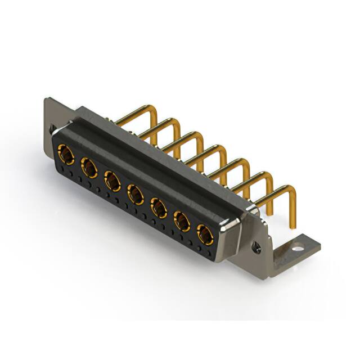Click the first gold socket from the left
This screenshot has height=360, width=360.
pyautogui.click(x=66, y=154)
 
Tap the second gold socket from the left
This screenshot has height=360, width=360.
pyautogui.click(x=89, y=167)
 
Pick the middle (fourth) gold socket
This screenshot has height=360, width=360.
pyautogui.click(x=136, y=195)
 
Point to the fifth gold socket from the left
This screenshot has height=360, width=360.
pyautogui.click(x=159, y=209)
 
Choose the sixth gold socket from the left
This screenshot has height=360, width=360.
pyautogui.click(x=182, y=222)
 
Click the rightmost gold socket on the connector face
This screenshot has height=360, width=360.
pyautogui.click(x=205, y=235)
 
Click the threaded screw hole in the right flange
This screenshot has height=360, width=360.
pyautogui.click(x=257, y=246)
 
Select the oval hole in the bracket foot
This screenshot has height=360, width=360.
pyautogui.click(x=296, y=246)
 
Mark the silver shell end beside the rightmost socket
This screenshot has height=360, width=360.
pyautogui.click(x=228, y=239)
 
